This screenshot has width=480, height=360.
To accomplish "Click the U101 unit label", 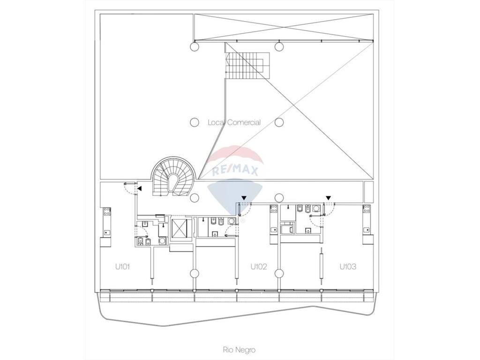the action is pos(122,267).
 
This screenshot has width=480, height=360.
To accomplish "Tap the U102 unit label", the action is pos(259,267).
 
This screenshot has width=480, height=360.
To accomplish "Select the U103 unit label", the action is pos(348,267).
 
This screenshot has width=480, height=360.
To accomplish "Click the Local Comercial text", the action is pos(234,122).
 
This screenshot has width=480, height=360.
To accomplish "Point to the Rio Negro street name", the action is pos(239,350).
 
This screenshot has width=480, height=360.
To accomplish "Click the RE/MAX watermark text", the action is pos(235,171).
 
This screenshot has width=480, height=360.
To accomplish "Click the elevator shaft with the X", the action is pos(181,228).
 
